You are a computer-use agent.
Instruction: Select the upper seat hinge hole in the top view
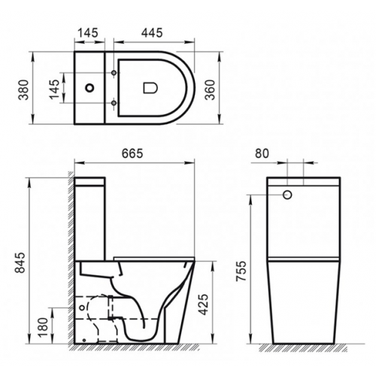pyautogui.click(x=114, y=71)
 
